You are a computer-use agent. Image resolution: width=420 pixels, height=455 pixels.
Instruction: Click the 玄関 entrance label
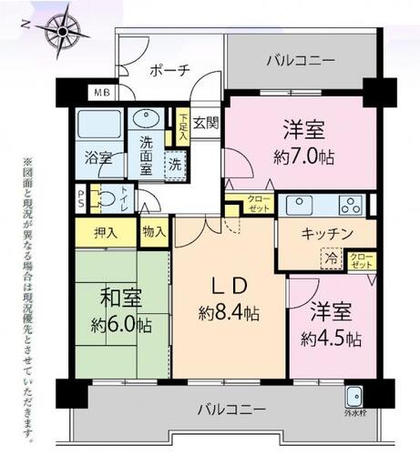[x=206, y=123]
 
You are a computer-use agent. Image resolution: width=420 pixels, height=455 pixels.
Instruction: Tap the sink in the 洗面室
[x=146, y=119]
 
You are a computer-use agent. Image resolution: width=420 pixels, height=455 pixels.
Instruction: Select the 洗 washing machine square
[x=175, y=165]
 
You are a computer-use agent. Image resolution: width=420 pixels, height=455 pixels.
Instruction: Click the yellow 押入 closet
[x=106, y=233]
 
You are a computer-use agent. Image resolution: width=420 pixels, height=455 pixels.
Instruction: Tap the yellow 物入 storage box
[x=153, y=231]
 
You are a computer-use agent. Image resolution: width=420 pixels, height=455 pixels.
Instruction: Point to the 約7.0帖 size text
[x=303, y=157]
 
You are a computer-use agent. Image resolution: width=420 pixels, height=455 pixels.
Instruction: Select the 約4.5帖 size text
[x=331, y=339]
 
